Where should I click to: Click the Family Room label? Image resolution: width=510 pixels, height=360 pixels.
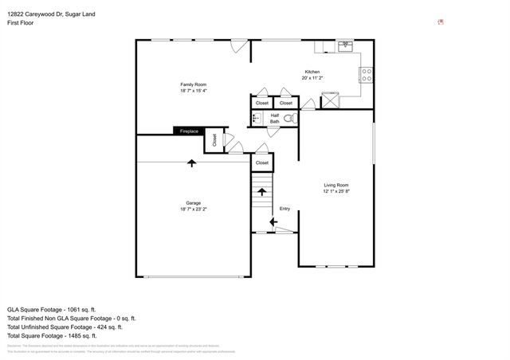(x=194, y=84)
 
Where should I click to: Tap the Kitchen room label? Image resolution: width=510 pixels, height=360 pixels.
(x=311, y=72)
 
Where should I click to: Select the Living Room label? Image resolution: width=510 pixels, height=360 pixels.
(x=336, y=185)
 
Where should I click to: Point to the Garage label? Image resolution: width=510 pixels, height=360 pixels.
(x=194, y=202)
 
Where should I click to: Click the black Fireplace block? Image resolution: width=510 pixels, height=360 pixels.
(x=189, y=131)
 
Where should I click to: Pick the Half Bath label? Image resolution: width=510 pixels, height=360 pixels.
(x=274, y=119)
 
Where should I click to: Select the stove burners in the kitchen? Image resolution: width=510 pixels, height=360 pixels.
(x=367, y=76)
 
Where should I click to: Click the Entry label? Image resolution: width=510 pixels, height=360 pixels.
(x=284, y=209)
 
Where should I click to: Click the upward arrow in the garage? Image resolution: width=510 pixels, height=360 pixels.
(x=191, y=163)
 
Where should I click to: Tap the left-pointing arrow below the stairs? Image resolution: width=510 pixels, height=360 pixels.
(x=273, y=222)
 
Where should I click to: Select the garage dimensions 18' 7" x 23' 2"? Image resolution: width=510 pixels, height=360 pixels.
(x=194, y=209)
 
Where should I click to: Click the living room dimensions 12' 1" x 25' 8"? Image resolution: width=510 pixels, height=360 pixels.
(x=336, y=192)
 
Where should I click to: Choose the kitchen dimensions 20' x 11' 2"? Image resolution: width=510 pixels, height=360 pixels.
(x=311, y=78)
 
